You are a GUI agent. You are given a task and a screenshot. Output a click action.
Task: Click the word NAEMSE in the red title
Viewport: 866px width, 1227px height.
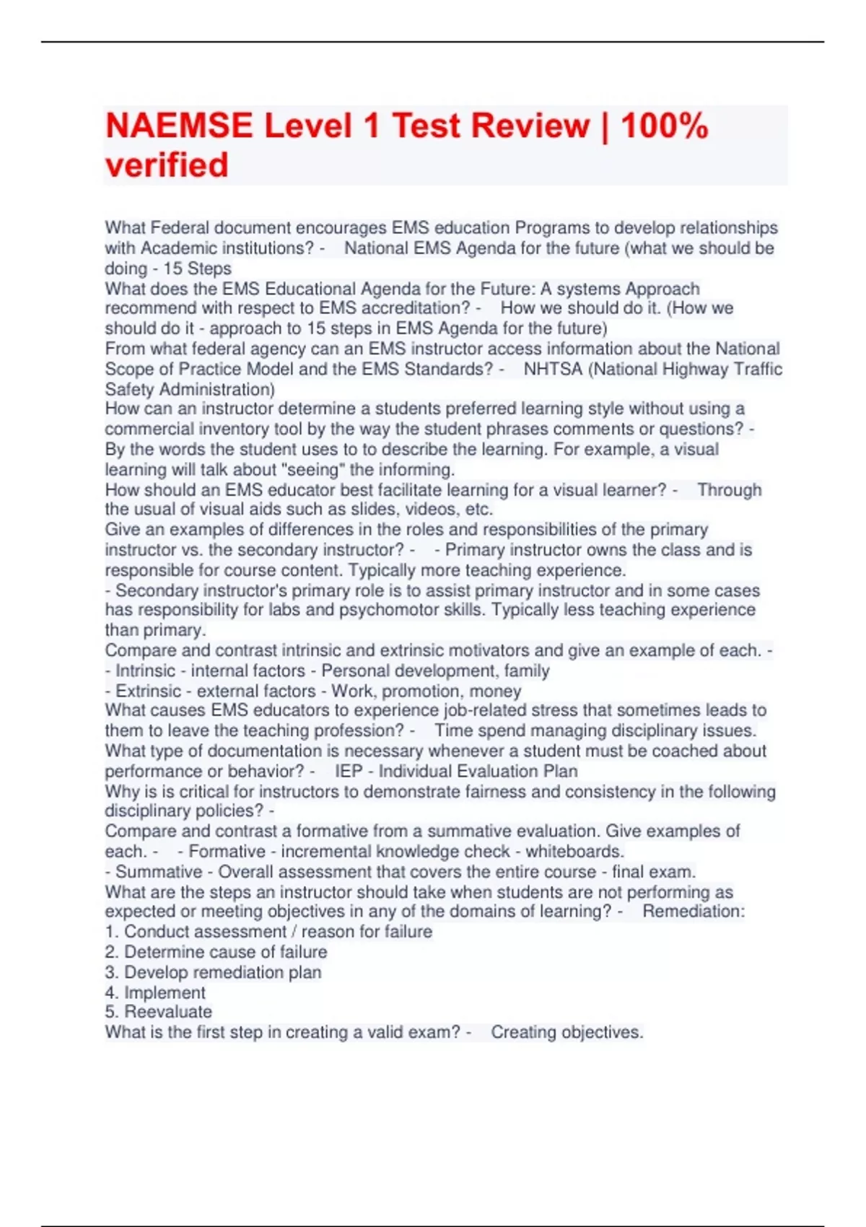click(179, 126)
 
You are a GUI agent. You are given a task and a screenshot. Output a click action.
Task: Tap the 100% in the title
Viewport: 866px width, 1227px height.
click(664, 126)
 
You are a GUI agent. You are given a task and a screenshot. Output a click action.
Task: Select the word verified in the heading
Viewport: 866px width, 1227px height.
click(167, 165)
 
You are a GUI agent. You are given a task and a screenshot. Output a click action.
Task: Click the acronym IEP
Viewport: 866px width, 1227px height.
click(349, 772)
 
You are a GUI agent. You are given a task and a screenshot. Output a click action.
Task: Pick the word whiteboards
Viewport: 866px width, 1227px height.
click(574, 852)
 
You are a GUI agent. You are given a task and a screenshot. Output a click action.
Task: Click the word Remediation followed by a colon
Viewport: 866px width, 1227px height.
click(694, 912)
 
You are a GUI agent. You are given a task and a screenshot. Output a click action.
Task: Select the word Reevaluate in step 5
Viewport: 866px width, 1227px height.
click(168, 1012)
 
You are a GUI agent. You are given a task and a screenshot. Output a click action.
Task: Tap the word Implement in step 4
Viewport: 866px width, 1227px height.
click(165, 993)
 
